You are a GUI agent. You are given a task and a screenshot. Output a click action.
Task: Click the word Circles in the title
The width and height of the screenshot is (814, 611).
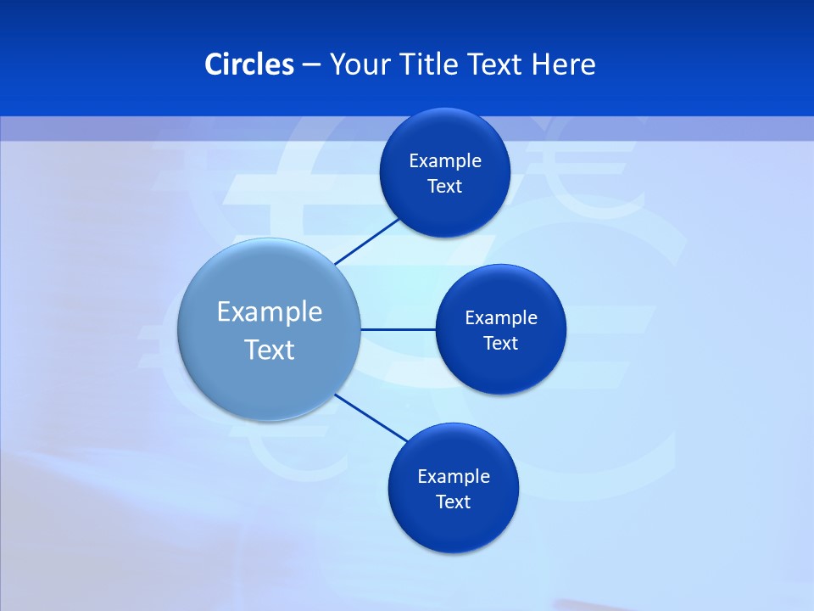tap(248, 64)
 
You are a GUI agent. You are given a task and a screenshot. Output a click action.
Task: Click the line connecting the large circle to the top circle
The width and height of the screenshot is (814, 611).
tap(368, 241)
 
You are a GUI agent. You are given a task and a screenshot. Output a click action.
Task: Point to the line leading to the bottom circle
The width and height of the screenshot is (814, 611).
tap(371, 418)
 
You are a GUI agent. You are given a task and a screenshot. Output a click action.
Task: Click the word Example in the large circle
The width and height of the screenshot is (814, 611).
tap(270, 311)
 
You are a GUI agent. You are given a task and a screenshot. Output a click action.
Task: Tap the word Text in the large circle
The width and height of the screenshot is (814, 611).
tap(270, 350)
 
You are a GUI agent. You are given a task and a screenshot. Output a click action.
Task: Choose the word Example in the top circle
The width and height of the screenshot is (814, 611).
tap(444, 161)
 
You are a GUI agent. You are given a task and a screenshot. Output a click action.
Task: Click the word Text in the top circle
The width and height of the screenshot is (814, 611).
tap(444, 187)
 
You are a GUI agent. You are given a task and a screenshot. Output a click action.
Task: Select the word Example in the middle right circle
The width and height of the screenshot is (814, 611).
tap(500, 318)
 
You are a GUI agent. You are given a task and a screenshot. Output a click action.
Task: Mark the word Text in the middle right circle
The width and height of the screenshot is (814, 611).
tap(500, 344)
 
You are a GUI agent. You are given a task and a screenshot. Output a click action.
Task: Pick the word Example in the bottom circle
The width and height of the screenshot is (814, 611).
tap(453, 477)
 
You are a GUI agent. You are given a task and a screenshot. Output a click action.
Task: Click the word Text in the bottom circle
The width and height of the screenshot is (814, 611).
tap(453, 502)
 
